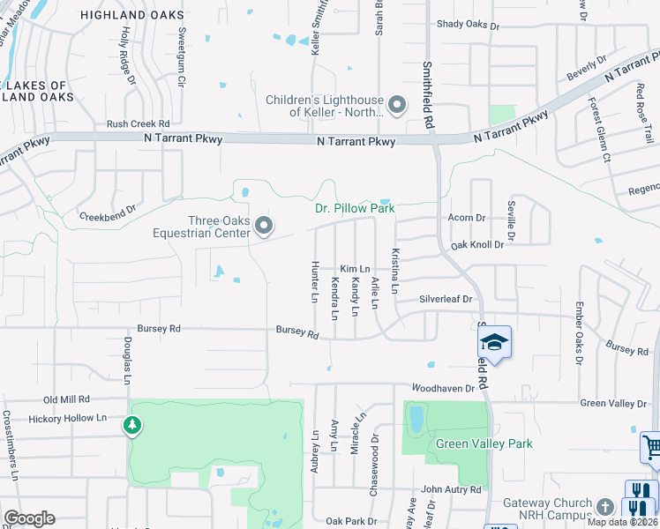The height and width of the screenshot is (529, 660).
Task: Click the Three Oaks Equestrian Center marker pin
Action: [264, 227]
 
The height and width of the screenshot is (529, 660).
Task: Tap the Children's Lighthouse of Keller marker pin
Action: [397, 107]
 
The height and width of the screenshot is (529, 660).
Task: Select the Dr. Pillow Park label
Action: [355, 209]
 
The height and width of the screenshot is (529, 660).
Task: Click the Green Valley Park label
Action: [484, 444]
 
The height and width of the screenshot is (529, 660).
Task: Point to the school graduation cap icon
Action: [496, 342]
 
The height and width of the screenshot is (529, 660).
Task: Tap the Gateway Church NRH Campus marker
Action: [604, 507]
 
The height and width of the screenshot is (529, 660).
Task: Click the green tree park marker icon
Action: [132, 427]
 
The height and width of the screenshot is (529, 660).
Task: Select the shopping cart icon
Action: [651, 447]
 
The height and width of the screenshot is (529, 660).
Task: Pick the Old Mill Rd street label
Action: [67, 399]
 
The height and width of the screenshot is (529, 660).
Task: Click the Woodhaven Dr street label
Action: [443, 388]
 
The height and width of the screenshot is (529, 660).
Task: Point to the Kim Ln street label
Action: [355, 269]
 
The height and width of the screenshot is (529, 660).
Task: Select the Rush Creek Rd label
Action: [138, 124]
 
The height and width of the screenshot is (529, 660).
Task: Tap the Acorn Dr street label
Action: [468, 218]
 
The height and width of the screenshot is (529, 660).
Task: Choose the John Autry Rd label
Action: [451, 489]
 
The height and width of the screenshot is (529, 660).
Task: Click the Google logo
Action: [29, 518]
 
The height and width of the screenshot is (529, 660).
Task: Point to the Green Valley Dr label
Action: [613, 404]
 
